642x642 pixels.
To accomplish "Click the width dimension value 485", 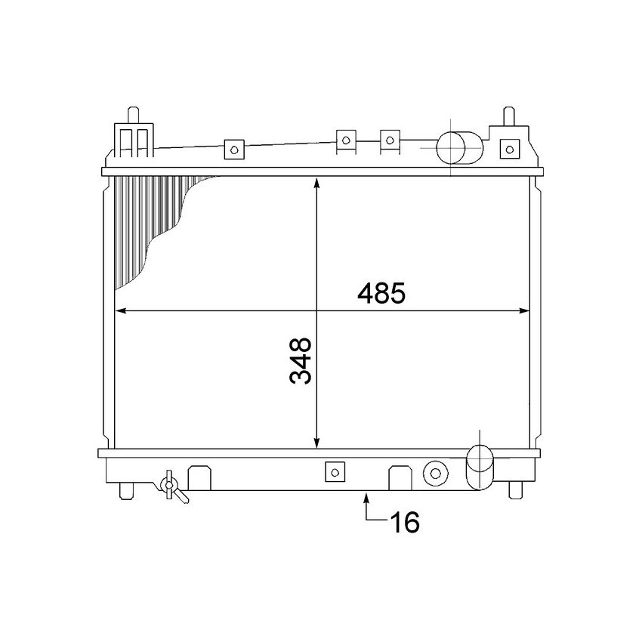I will (381, 293).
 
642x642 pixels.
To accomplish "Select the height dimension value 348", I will (300, 361).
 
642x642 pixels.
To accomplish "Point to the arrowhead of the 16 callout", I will (367, 496).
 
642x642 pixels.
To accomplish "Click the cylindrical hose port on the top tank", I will (459, 147).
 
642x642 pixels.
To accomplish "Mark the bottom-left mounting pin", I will (125, 491).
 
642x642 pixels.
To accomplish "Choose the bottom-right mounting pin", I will (516, 490).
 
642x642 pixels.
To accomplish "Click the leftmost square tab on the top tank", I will (234, 150).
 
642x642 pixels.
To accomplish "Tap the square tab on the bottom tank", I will (333, 472).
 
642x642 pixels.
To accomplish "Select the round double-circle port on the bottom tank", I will (435, 474).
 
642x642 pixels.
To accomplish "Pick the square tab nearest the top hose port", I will (390, 139).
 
